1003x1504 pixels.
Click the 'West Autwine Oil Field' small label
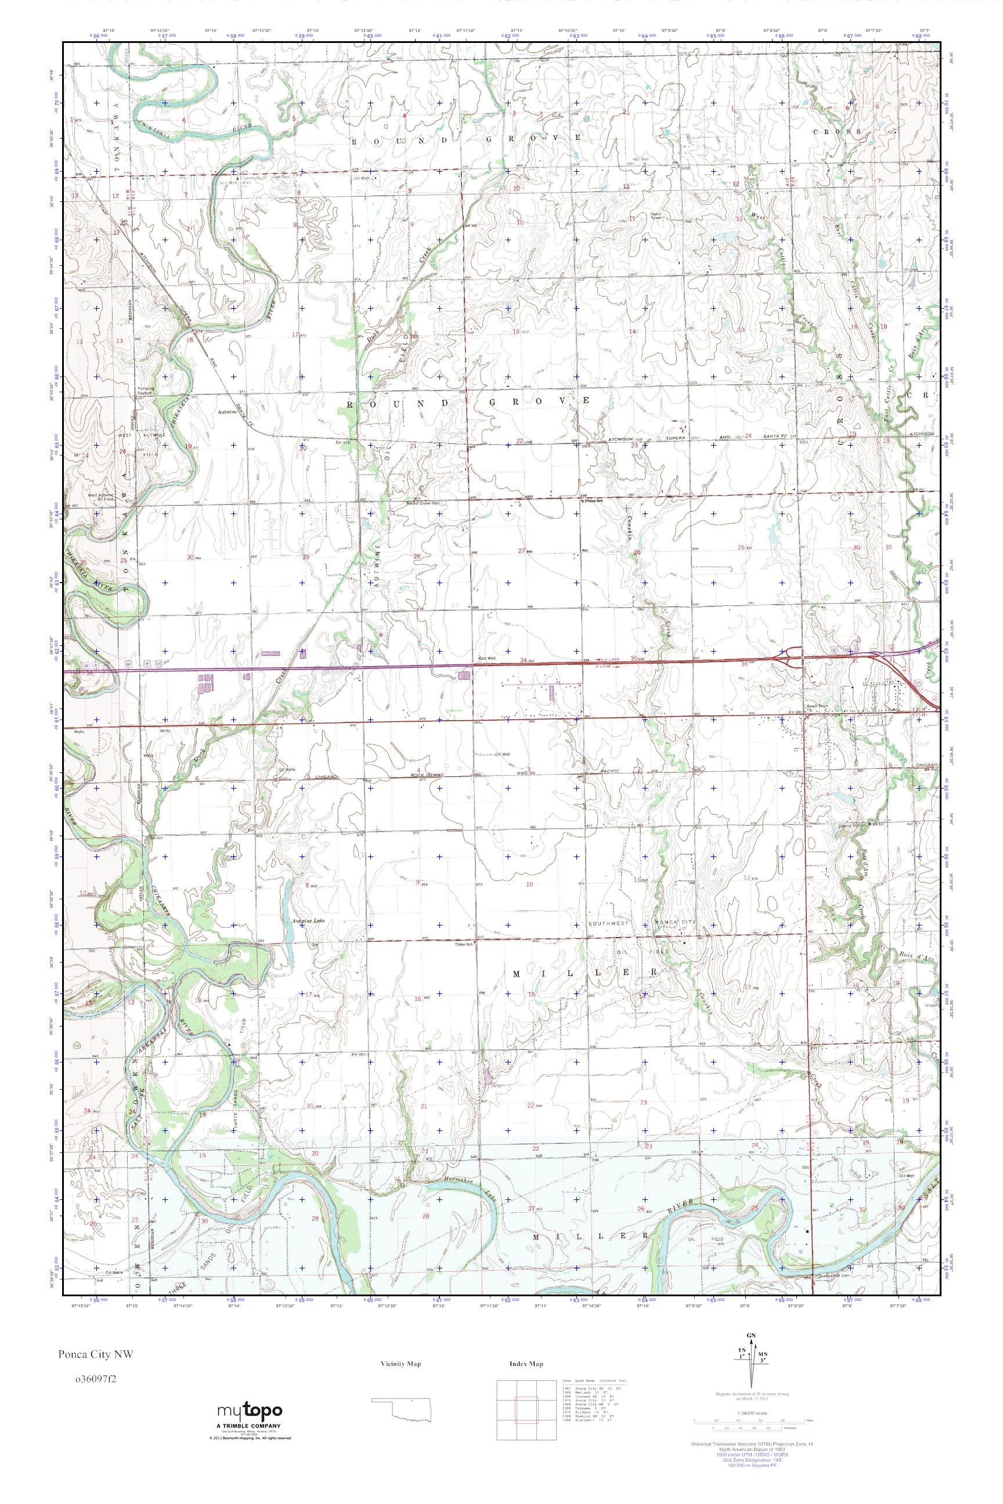(101, 497)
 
